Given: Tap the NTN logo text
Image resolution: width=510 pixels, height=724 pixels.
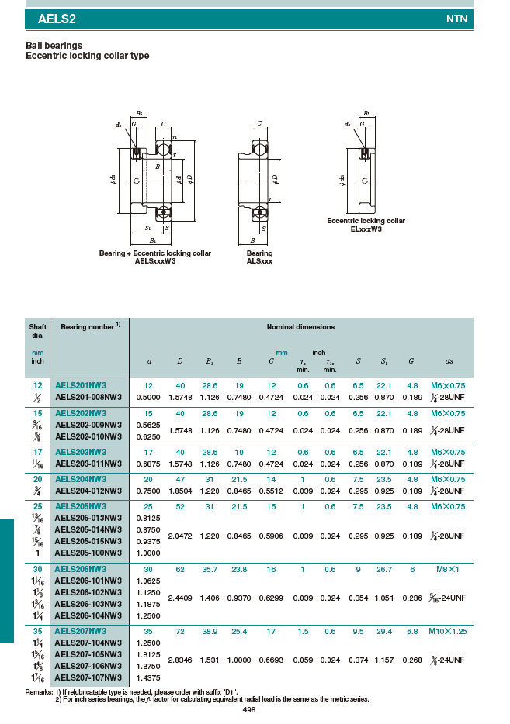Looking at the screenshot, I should coord(457,19).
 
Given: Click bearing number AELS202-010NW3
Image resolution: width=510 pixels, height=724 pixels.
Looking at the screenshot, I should coord(88,436).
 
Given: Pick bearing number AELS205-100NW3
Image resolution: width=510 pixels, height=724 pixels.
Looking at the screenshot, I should coord(88,553).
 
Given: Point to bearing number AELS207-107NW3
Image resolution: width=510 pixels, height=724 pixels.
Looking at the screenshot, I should coord(88,678).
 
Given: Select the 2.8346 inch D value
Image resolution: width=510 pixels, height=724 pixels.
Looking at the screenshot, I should coord(179,660).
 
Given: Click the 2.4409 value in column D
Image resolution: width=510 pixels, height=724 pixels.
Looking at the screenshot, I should coord(179,598).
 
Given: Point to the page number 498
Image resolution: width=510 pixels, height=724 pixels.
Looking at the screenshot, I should coord(249,709).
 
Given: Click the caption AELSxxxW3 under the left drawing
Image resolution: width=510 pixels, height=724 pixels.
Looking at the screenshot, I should coord(155,261).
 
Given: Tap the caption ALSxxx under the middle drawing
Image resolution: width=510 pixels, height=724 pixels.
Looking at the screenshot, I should coord(259,261).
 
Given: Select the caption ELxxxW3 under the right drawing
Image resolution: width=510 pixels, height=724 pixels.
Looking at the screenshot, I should coord(366,229).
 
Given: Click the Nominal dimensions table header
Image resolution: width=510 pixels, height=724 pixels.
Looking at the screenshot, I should coord(300,327).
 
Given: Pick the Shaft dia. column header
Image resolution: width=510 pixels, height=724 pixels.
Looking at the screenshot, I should coord(37,331).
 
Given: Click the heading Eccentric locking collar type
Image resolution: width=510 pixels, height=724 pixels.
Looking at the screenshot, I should coord(87,56).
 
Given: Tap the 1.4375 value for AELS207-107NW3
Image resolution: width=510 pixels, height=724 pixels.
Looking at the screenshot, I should coord(148,678).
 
